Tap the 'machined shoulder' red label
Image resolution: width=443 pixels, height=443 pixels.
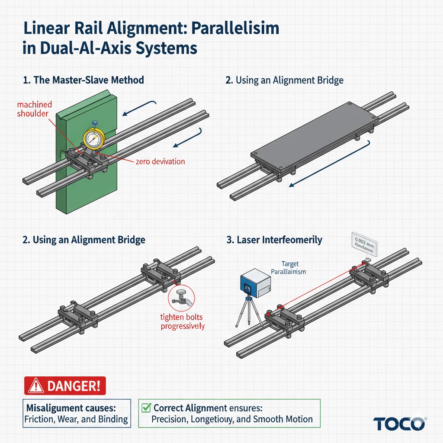[x=35, y=109]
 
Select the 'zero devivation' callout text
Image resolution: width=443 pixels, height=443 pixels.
[x=160, y=161]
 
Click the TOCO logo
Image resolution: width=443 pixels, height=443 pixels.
[x=398, y=424]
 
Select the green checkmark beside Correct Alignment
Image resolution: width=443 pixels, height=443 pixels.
[x=146, y=408]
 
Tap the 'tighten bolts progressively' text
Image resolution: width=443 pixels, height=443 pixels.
[x=182, y=322]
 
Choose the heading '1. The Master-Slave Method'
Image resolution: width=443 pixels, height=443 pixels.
[x=83, y=80]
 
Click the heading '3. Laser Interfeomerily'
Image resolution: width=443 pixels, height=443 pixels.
[x=274, y=239]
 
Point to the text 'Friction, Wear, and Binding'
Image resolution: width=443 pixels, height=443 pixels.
[x=77, y=419]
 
